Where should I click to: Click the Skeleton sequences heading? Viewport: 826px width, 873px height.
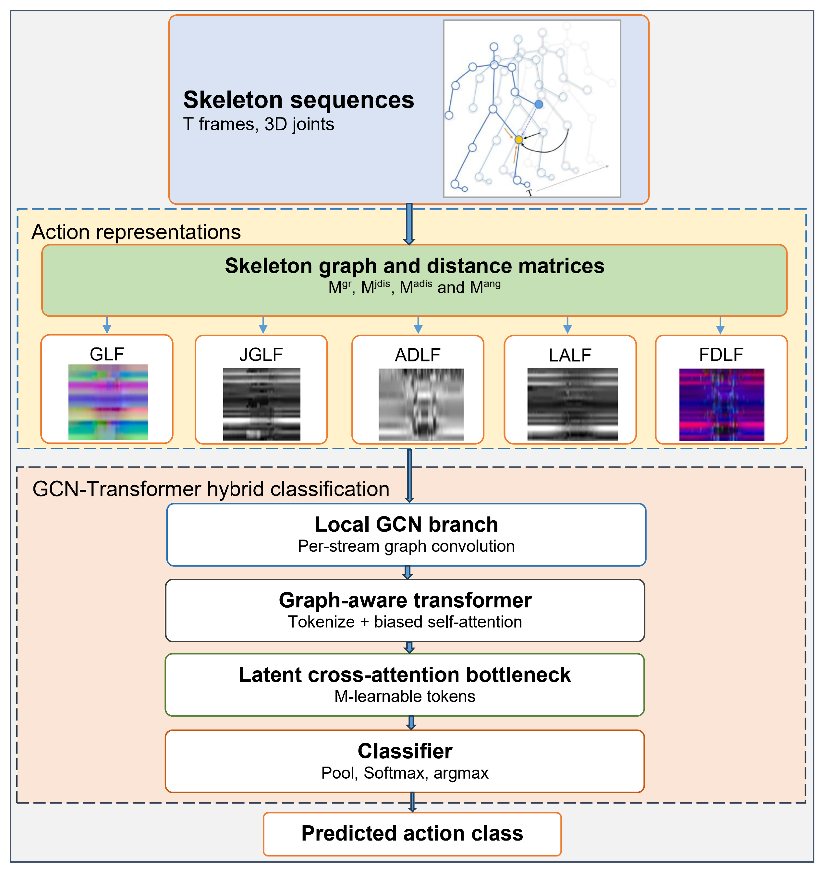(x=298, y=100)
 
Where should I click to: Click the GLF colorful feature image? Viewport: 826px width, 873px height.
(x=108, y=402)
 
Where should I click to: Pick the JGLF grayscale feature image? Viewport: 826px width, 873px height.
(x=261, y=404)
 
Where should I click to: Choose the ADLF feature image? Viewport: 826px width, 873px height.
(x=421, y=405)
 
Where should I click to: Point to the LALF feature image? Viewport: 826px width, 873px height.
(x=573, y=405)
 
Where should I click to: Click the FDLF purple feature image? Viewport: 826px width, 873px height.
(x=722, y=405)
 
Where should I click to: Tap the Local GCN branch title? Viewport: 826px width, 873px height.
(x=407, y=524)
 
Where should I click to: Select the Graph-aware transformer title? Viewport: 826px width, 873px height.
(x=406, y=600)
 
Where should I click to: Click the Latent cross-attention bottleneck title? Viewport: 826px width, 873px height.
(x=405, y=674)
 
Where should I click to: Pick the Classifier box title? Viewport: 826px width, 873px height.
(x=405, y=751)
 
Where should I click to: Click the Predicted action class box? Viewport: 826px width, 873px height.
(x=412, y=834)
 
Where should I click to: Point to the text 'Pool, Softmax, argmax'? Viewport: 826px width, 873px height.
(x=405, y=773)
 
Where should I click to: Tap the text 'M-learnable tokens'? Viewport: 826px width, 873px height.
(x=405, y=696)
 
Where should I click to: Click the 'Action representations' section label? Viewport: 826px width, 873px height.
(x=136, y=232)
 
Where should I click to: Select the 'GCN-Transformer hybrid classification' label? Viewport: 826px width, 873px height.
(x=211, y=489)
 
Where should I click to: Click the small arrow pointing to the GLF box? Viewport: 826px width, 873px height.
(x=106, y=325)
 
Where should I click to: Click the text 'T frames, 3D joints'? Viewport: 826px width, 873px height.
(x=259, y=124)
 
